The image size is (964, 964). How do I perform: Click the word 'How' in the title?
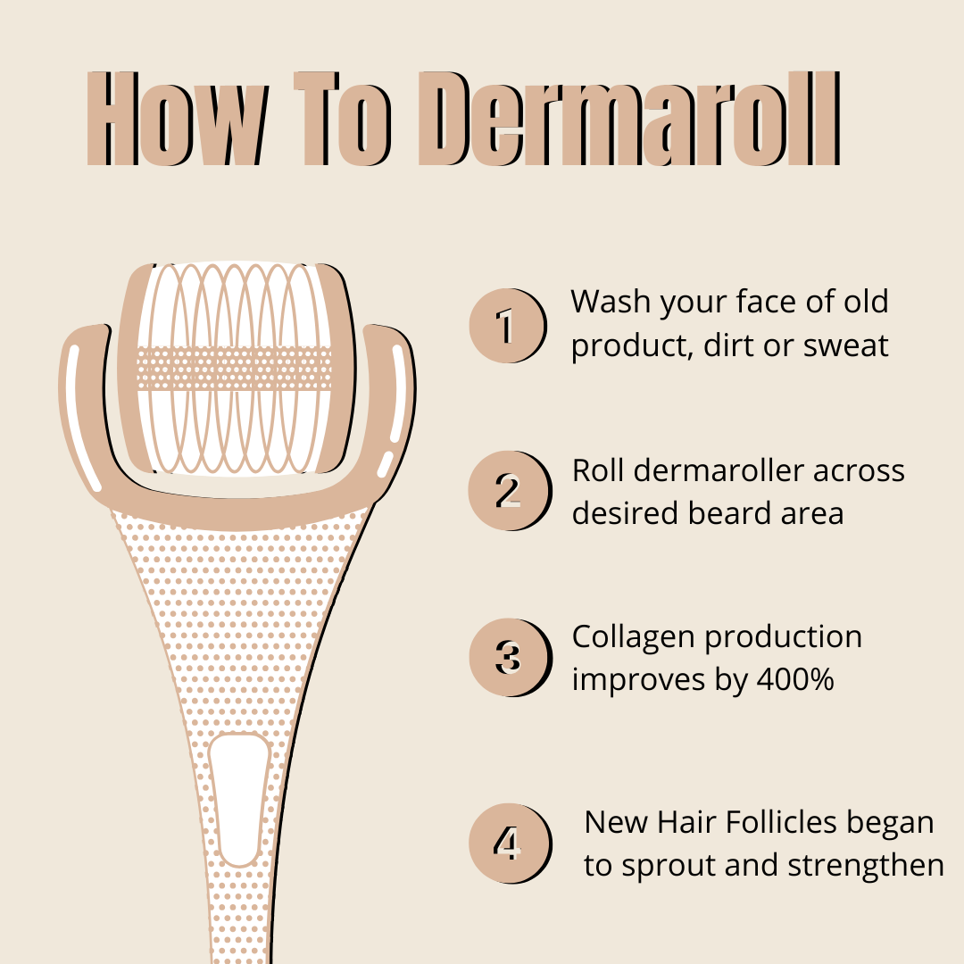point(179,118)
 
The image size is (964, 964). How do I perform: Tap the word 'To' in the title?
point(343,118)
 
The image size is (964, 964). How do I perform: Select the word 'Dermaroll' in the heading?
point(629,118)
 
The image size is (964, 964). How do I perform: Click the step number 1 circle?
point(506,326)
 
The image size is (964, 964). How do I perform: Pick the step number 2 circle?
point(506,491)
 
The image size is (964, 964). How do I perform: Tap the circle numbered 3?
point(506,658)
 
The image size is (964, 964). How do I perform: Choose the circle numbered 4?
point(506,843)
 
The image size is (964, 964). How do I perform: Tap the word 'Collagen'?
point(634,637)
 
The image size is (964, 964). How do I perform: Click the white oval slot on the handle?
point(239,799)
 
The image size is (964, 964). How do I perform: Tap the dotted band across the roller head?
point(234,369)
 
